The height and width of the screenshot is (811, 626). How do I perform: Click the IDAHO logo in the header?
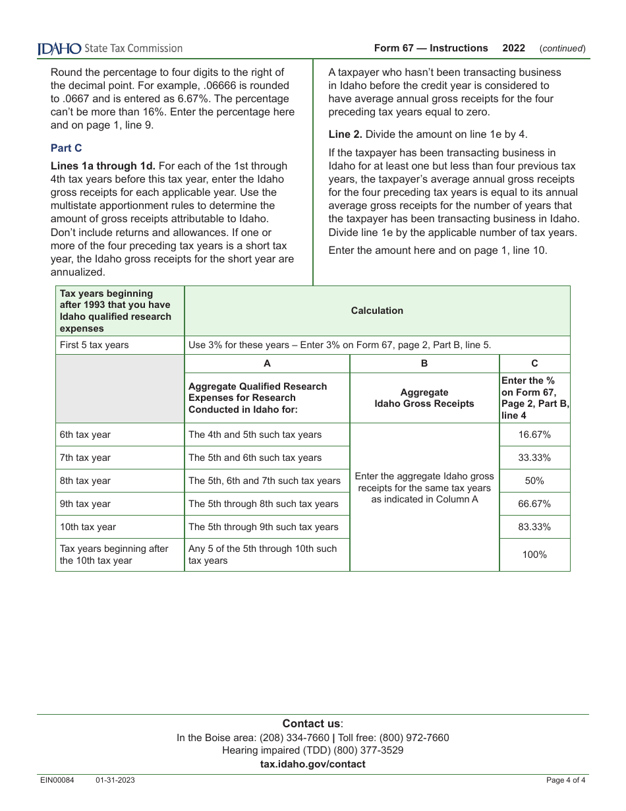tap(59, 48)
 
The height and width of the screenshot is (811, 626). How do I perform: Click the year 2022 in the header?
tap(513, 48)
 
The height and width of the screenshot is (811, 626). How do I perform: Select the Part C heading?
tap(66, 148)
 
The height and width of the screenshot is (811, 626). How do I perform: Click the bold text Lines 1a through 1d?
tap(103, 166)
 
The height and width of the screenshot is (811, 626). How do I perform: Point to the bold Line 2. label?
tap(345, 135)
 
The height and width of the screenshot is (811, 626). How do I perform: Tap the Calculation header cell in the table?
tap(377, 311)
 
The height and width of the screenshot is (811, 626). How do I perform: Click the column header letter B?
tap(424, 363)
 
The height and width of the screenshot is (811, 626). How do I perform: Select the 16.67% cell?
tap(534, 435)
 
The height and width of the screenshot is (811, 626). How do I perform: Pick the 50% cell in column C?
tap(534, 481)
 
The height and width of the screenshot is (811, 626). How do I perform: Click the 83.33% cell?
tap(534, 527)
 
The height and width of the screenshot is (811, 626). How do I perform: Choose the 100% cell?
tap(534, 555)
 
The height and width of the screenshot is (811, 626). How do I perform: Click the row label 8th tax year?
tap(85, 481)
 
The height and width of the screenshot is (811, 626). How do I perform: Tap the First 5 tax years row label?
tap(94, 345)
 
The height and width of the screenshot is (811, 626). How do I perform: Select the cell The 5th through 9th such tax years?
tap(263, 527)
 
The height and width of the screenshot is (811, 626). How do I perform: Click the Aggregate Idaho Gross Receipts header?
tap(424, 398)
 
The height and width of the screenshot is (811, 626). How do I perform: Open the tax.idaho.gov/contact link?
tap(312, 764)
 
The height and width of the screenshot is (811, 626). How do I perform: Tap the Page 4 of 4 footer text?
tap(565, 781)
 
